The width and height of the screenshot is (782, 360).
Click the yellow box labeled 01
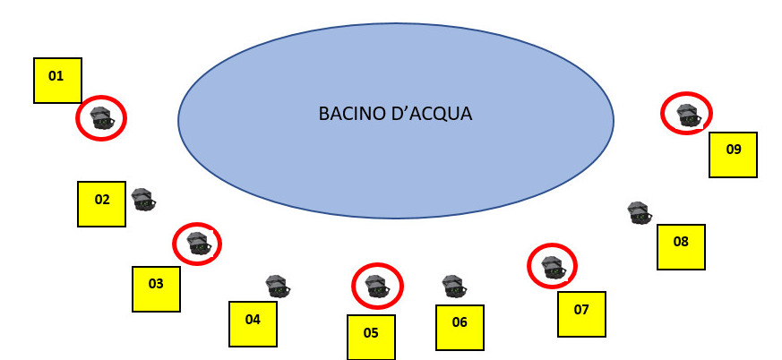tap(57, 81)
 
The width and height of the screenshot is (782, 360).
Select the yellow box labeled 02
tap(102, 203)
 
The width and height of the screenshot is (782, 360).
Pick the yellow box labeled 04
tap(253, 323)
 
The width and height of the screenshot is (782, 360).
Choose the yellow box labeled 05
tap(371, 337)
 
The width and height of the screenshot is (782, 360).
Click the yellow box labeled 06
tap(460, 327)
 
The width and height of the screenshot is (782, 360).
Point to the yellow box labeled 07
tap(581, 313)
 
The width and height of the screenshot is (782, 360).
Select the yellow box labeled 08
tap(681, 246)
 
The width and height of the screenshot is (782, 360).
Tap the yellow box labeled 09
tap(733, 155)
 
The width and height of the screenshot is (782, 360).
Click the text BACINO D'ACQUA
tap(395, 115)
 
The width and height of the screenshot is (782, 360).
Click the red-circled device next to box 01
tap(100, 118)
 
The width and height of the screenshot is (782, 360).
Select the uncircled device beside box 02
tap(143, 199)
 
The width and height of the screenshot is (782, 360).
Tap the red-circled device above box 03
tap(197, 243)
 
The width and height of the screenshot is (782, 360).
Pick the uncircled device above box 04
tap(278, 286)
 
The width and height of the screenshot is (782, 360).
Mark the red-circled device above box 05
tap(377, 286)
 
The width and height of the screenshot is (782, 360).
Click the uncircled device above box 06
tap(454, 286)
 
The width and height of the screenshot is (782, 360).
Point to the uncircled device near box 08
tap(639, 212)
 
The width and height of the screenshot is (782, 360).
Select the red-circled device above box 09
tap(687, 114)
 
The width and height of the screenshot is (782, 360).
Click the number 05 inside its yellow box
tap(371, 333)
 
